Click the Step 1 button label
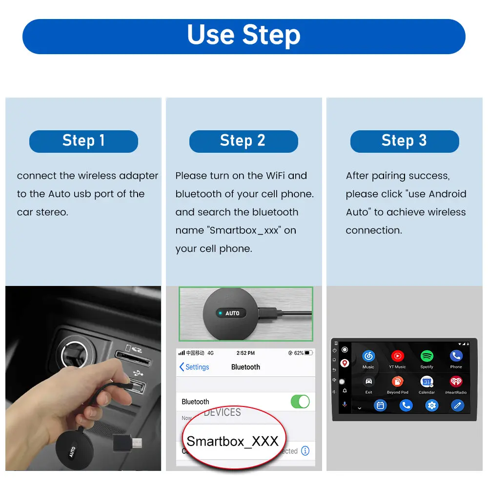pyautogui.click(x=83, y=141)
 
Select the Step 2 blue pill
pyautogui.click(x=243, y=141)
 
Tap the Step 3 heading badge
pyautogui.click(x=404, y=141)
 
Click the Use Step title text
pyautogui.click(x=244, y=36)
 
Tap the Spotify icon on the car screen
pyautogui.click(x=427, y=357)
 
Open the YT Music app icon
pyautogui.click(x=397, y=357)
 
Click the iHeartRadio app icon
pyautogui.click(x=456, y=382)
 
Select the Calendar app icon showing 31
pyautogui.click(x=427, y=382)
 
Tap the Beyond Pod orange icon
pyautogui.click(x=397, y=382)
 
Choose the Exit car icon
pyautogui.click(x=368, y=382)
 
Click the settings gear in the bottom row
pyautogui.click(x=431, y=405)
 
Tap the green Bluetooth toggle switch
pyautogui.click(x=300, y=402)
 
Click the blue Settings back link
pyautogui.click(x=194, y=367)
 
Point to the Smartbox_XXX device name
pyautogui.click(x=232, y=442)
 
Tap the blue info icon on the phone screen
pyautogui.click(x=305, y=450)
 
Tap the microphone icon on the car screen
pyautogui.click(x=345, y=405)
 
